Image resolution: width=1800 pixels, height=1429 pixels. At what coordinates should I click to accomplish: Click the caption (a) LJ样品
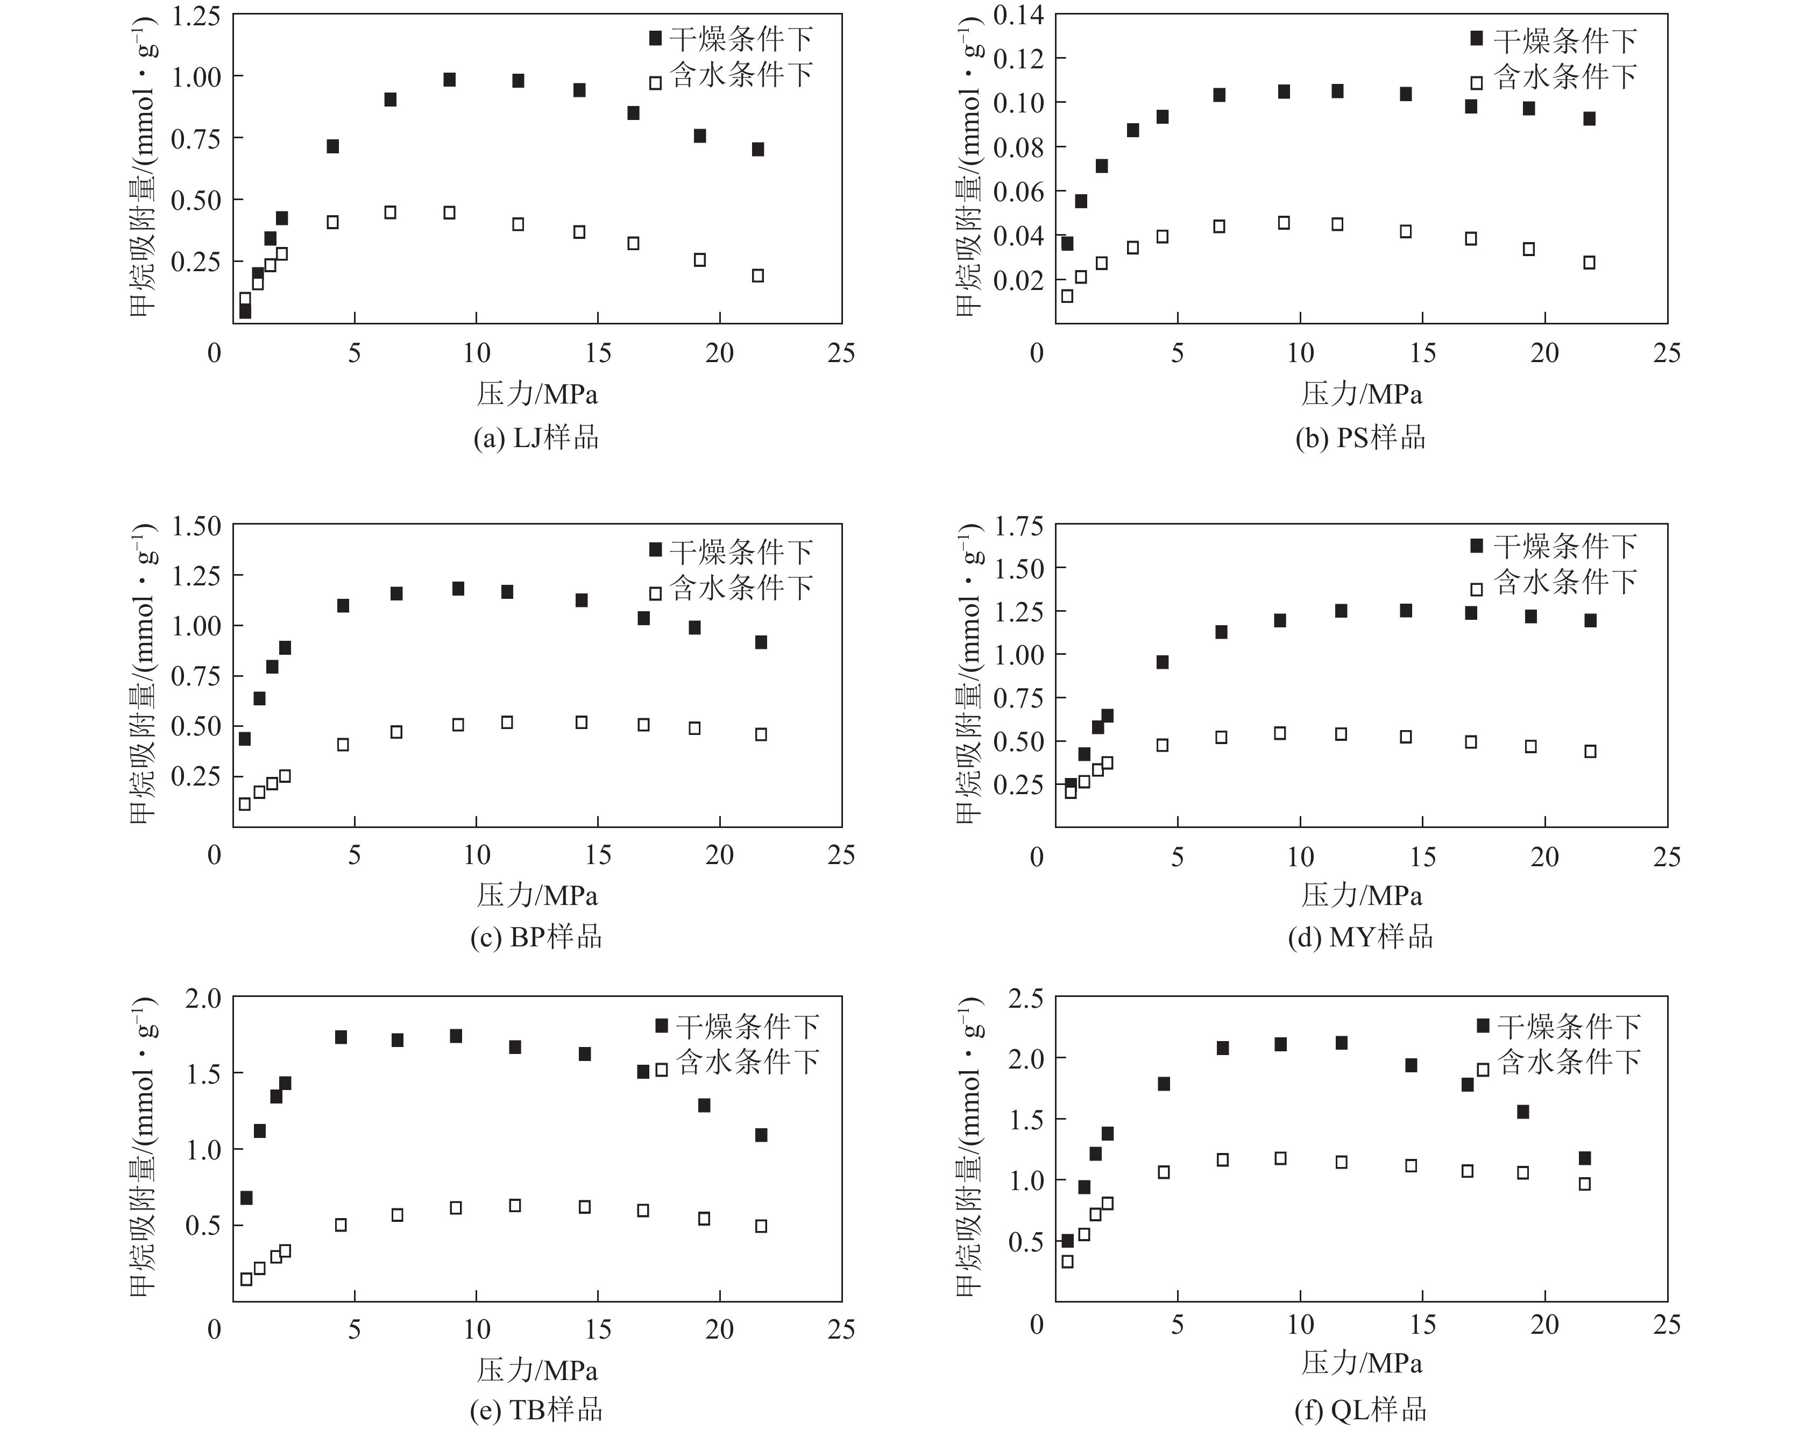click(x=536, y=438)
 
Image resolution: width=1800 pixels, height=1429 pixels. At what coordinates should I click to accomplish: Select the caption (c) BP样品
click(x=536, y=937)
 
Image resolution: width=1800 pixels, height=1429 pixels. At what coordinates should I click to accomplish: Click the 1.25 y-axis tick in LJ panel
click(x=196, y=17)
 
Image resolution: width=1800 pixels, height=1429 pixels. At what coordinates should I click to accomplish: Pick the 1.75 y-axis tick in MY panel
click(x=1018, y=526)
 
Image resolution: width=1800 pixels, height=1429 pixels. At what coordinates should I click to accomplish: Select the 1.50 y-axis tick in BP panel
click(x=196, y=526)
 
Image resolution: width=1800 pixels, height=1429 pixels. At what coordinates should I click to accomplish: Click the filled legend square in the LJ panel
click(x=655, y=38)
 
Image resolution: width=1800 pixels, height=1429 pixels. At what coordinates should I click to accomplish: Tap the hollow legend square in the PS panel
click(x=1476, y=83)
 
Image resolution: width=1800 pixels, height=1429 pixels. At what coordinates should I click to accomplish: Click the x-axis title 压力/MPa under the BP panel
click(x=537, y=895)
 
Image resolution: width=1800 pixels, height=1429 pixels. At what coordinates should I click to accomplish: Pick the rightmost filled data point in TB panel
click(x=761, y=1135)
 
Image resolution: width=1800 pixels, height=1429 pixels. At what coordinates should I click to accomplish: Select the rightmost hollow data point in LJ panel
click(x=758, y=275)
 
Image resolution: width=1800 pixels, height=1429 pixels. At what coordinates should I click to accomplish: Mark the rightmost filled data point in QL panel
click(x=1585, y=1157)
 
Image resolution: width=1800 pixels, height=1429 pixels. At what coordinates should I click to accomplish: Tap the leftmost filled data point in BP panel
click(x=245, y=739)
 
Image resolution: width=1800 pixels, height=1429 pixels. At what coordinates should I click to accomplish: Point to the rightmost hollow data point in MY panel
click(x=1590, y=751)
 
